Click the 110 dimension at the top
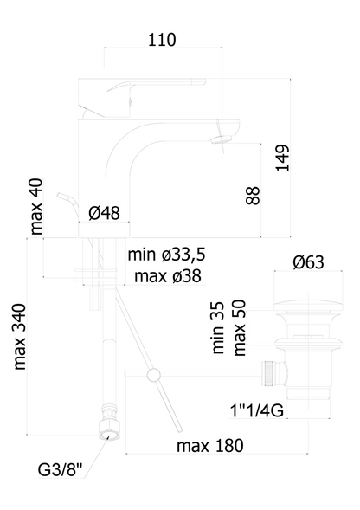click(x=162, y=40)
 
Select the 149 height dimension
click(x=282, y=158)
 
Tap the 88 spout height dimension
click(x=253, y=195)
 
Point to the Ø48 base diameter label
click(x=104, y=213)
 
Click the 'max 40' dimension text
click(x=36, y=206)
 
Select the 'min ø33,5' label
click(x=166, y=255)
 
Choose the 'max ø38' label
click(x=168, y=276)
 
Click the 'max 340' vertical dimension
click(x=20, y=337)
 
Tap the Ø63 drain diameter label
click(x=308, y=262)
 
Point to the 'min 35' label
click(x=218, y=327)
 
